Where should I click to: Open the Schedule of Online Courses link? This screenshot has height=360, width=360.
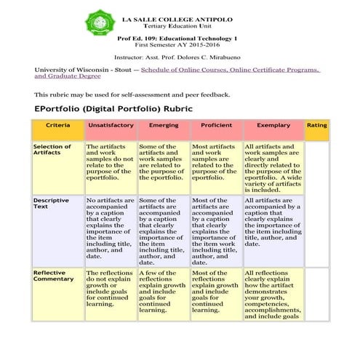[230, 69]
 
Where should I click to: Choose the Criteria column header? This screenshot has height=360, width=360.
[57, 126]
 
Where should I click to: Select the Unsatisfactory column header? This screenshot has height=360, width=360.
[111, 126]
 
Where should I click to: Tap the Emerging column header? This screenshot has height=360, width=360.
[163, 126]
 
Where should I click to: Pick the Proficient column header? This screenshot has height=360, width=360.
[216, 126]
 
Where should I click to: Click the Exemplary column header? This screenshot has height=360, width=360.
[273, 126]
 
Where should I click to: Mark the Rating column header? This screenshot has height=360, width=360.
[317, 126]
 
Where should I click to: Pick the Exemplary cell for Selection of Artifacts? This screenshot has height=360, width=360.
[273, 167]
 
